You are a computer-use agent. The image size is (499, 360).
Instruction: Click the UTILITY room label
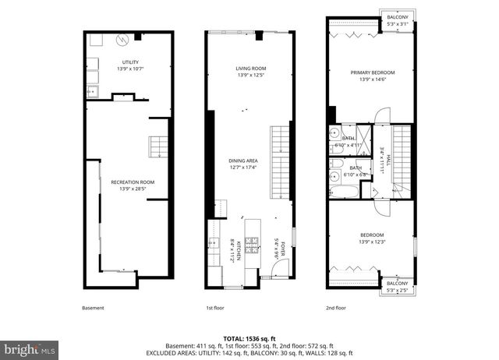click(130, 62)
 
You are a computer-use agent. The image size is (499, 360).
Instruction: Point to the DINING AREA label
click(243, 161)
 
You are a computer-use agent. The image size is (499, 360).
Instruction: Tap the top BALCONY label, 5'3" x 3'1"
click(398, 19)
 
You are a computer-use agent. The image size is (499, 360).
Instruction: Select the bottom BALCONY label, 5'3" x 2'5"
click(398, 286)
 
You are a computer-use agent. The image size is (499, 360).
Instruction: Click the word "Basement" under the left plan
click(93, 308)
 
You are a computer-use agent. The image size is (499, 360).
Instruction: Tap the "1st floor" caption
click(215, 308)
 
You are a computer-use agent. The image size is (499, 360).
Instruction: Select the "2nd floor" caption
click(336, 308)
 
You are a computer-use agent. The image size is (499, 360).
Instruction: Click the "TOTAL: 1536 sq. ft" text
click(249, 339)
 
